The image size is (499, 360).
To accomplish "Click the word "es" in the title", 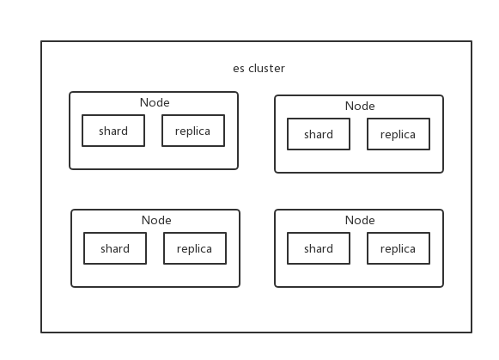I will pyautogui.click(x=239, y=69).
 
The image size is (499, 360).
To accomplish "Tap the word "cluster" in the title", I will pyautogui.click(x=266, y=69).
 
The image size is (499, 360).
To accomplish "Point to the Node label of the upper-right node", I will pyautogui.click(x=360, y=106).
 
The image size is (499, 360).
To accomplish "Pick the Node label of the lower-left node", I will pyautogui.click(x=156, y=220).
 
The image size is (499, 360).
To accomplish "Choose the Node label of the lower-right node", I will pyautogui.click(x=360, y=220).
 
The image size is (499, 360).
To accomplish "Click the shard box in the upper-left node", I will pyautogui.click(x=113, y=131).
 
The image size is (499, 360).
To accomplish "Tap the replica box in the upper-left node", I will pyautogui.click(x=193, y=131).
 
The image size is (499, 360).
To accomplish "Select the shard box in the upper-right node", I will pyautogui.click(x=319, y=134).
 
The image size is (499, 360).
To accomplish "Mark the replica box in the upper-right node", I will pyautogui.click(x=399, y=134).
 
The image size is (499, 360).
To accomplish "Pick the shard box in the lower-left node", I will pyautogui.click(x=115, y=248).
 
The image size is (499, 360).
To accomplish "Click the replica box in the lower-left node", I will pyautogui.click(x=195, y=248).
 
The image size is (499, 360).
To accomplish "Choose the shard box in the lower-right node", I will pyautogui.click(x=319, y=248).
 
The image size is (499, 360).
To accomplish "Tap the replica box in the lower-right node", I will pyautogui.click(x=399, y=248).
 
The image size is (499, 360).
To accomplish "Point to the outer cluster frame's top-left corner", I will pyautogui.click(x=41, y=41).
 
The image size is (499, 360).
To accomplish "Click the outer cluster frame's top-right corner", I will pyautogui.click(x=472, y=41).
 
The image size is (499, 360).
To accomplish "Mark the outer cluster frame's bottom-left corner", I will pyautogui.click(x=41, y=332).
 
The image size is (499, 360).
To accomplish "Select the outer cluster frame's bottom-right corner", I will pyautogui.click(x=472, y=332).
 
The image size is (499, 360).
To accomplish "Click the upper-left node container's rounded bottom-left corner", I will pyautogui.click(x=71, y=168).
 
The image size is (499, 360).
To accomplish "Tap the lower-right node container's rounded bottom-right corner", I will pyautogui.click(x=441, y=285).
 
